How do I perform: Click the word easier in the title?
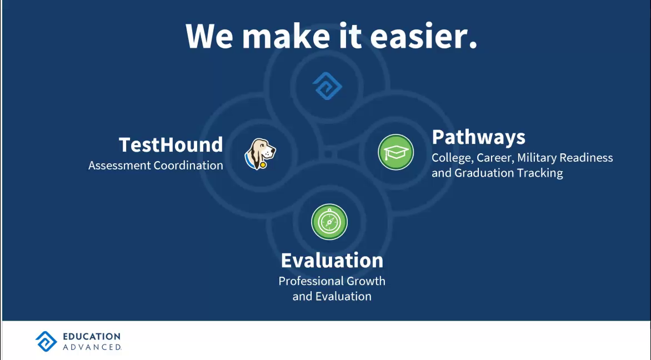pos(423,36)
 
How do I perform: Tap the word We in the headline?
pos(209,36)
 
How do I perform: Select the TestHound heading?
pos(171,144)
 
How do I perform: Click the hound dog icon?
pos(261,154)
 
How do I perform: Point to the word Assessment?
pos(119,165)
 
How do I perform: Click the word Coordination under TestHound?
pos(188,165)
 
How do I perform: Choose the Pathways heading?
pos(478,137)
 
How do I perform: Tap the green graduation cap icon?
pos(395,152)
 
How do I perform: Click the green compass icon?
pos(329,222)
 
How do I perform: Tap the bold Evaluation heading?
pos(332,261)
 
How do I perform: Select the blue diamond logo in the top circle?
pos(327,86)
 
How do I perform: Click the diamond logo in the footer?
pos(46,341)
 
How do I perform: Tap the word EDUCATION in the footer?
pos(92,336)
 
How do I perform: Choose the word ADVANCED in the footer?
pos(92,347)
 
